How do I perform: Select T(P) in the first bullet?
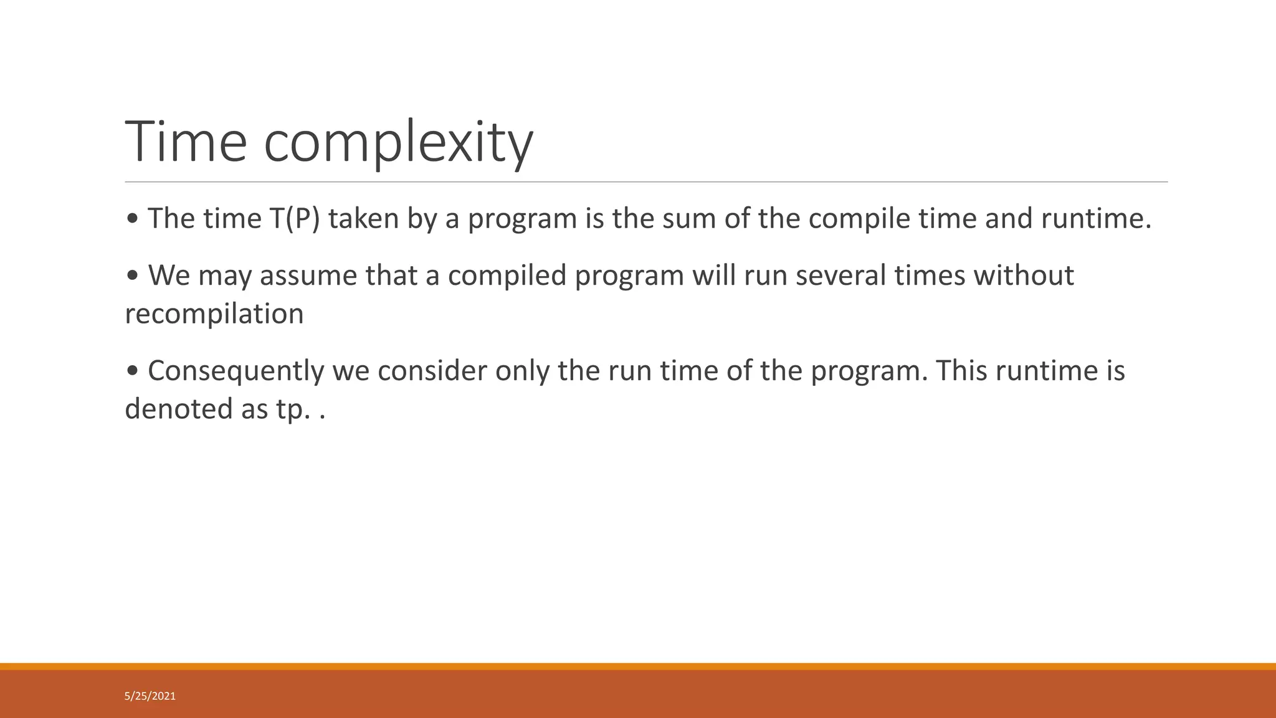pos(295,219)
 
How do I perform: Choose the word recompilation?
pos(214,314)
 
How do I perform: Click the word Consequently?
pos(236,371)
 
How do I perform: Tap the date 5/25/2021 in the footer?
pos(150,696)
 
